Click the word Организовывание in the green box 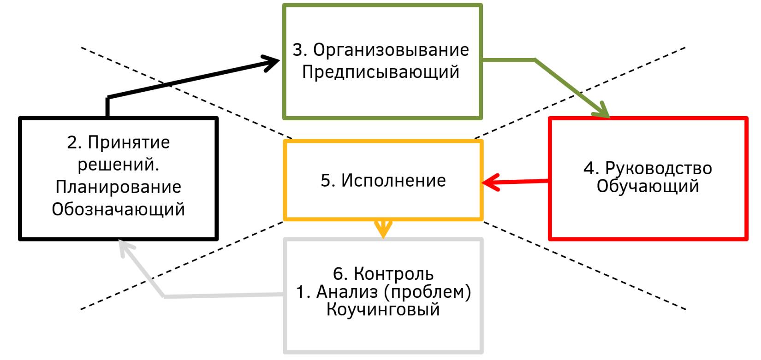pos(391,50)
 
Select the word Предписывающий pos(380,72)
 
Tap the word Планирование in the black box pos(118,187)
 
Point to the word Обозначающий pos(118,209)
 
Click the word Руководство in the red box pos(658,168)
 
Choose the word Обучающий pos(648,187)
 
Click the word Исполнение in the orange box pos(393,181)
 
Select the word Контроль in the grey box pos(393,274)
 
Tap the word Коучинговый pos(383,309)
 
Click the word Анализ pos(347,292)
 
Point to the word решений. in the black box pos(118,165)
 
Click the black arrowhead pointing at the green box pos(272,62)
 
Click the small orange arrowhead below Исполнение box pos(383,229)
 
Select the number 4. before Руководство pos(591,168)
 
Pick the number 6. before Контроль pos(340,274)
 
